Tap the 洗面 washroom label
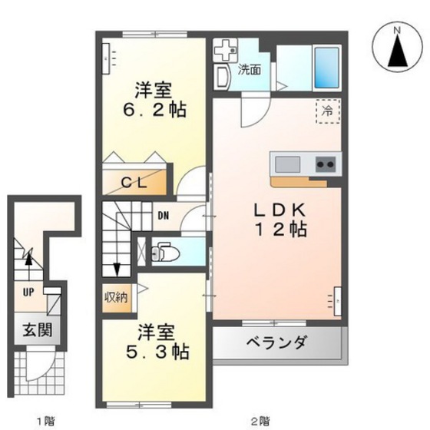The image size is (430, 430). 248,70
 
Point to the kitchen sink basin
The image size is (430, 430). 287,163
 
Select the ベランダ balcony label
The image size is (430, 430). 276,342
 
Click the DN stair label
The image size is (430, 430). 164,216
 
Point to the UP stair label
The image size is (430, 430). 28,292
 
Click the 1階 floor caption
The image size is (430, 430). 46,420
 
